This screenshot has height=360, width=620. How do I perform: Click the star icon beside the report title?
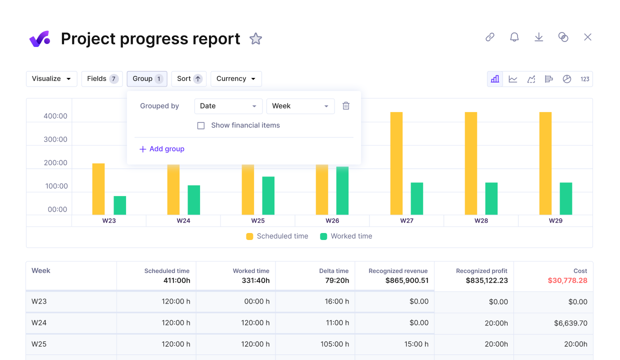pyautogui.click(x=255, y=38)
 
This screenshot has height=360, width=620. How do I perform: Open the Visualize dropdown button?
pyautogui.click(x=51, y=79)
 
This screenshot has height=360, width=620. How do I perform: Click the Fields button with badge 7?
pyautogui.click(x=102, y=79)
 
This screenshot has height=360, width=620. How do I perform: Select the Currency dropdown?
pyautogui.click(x=236, y=79)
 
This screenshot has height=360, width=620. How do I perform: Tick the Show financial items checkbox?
pyautogui.click(x=201, y=125)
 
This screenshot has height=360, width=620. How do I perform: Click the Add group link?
pyautogui.click(x=162, y=149)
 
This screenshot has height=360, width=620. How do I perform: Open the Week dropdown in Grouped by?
pyautogui.click(x=300, y=106)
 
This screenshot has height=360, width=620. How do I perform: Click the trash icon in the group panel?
pyautogui.click(x=346, y=106)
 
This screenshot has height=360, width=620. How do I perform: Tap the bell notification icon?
pyautogui.click(x=514, y=37)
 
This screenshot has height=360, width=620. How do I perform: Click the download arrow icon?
pyautogui.click(x=538, y=37)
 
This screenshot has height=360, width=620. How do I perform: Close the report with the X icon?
pyautogui.click(x=587, y=37)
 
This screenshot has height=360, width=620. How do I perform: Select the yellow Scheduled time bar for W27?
pyautogui.click(x=396, y=163)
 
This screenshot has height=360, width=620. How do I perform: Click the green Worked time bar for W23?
pyautogui.click(x=120, y=205)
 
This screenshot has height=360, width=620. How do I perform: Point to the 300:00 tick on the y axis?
pyautogui.click(x=55, y=139)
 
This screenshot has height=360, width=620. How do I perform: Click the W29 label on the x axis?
pyautogui.click(x=555, y=220)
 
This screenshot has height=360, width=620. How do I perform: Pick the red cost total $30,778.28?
pyautogui.click(x=567, y=280)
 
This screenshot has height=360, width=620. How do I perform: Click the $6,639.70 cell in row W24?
pyautogui.click(x=570, y=323)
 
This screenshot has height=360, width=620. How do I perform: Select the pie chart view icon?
pyautogui.click(x=566, y=79)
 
